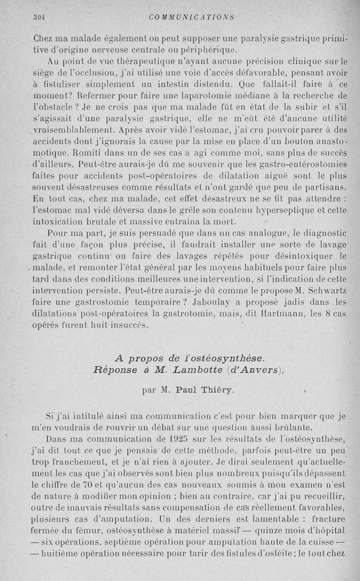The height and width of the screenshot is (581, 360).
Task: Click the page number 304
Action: [41, 18]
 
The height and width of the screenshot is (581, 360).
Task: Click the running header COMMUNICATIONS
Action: [192, 18]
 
